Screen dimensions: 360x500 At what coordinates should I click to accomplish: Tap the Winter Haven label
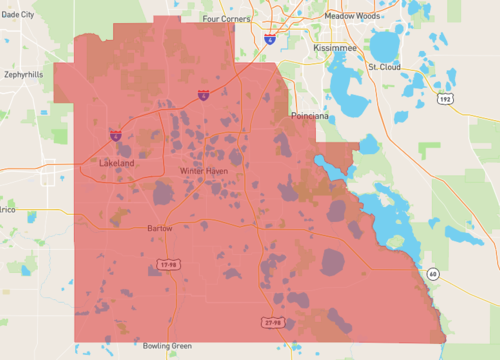(x=204, y=171)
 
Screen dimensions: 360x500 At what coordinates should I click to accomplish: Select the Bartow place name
(x=161, y=228)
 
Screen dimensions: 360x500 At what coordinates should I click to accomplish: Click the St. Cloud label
(x=384, y=67)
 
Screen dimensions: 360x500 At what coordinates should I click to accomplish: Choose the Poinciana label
(x=310, y=116)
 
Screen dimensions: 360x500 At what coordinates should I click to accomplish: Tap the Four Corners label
(x=226, y=18)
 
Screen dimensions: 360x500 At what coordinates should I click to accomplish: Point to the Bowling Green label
(x=166, y=346)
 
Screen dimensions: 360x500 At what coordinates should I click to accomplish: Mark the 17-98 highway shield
(x=170, y=265)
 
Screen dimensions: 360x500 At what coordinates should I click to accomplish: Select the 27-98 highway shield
(x=270, y=323)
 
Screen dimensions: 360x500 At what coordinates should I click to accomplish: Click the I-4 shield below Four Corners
(x=270, y=38)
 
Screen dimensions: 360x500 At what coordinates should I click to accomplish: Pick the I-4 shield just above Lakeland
(x=116, y=133)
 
